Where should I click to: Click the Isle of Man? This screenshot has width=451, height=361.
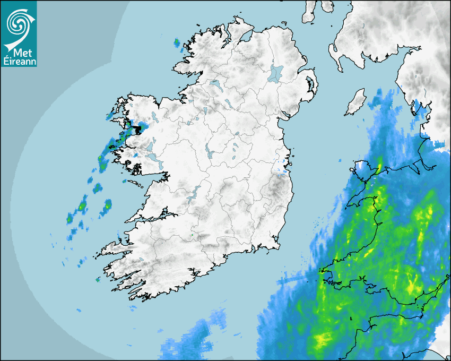[356, 102]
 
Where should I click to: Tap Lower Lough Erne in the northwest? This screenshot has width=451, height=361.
[215, 84]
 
